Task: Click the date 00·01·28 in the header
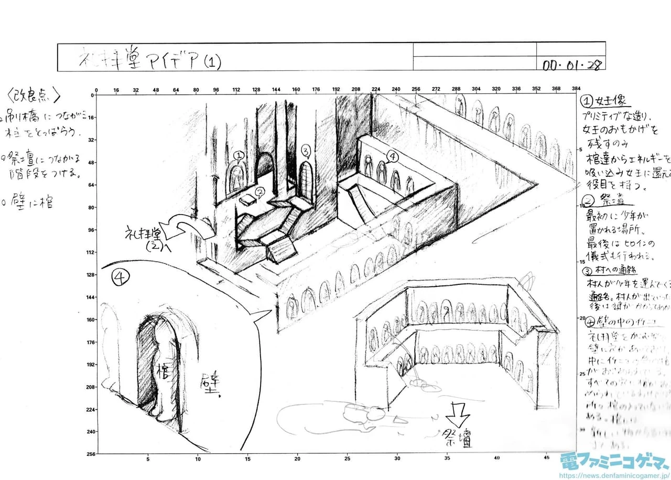[x=571, y=65]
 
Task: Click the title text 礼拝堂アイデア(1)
[x=150, y=59]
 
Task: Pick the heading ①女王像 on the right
[x=605, y=101]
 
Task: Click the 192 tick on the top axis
[x=336, y=90]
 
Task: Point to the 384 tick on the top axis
[x=562, y=90]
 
